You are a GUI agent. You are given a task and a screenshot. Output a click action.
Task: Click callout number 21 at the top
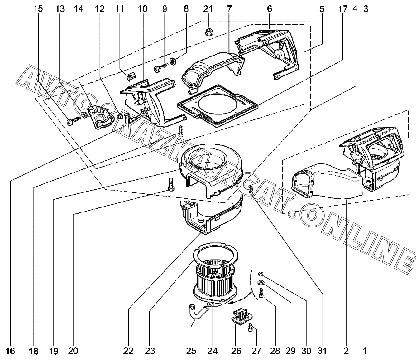tap(208, 9)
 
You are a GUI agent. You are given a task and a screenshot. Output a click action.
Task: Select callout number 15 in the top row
tap(38, 9)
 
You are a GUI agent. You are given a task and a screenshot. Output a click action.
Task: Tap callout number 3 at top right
tap(366, 9)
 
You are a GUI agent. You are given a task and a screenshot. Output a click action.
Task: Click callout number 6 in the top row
tap(269, 9)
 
